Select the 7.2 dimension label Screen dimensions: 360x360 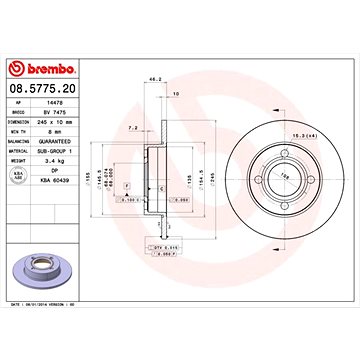click(133, 127)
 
